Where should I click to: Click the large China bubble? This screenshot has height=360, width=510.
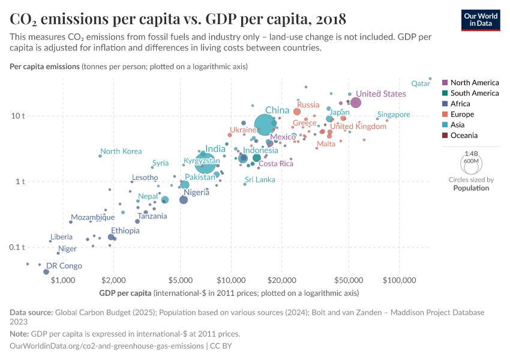click(x=265, y=124)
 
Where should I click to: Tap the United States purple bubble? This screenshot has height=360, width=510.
click(x=355, y=103)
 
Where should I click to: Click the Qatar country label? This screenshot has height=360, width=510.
click(x=421, y=84)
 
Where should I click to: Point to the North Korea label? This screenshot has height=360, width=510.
click(x=121, y=151)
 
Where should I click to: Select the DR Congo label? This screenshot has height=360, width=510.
click(x=64, y=266)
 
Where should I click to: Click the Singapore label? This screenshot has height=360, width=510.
click(x=394, y=115)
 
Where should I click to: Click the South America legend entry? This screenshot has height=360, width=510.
click(x=474, y=93)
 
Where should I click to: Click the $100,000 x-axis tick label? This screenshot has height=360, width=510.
click(x=399, y=280)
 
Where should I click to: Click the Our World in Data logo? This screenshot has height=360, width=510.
click(x=481, y=20)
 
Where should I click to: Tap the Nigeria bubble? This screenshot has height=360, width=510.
click(x=184, y=200)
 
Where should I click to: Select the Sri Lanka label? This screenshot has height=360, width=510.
click(x=259, y=180)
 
